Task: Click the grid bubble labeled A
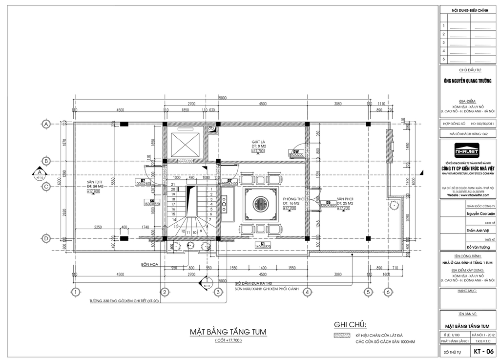click(x=46, y=124)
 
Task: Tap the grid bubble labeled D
click(x=46, y=238)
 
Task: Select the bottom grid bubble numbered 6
click(x=387, y=292)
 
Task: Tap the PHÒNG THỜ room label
click(x=292, y=199)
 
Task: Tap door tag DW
click(x=296, y=151)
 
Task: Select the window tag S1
click(x=262, y=243)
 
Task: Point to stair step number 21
click(x=173, y=184)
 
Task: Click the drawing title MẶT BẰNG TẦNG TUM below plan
click(x=228, y=332)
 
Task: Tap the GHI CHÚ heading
click(x=350, y=325)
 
